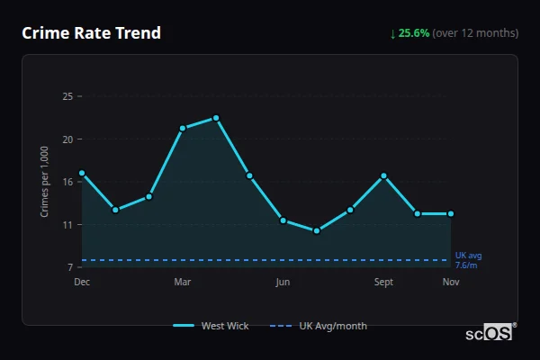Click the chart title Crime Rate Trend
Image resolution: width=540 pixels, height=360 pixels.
click(x=91, y=33)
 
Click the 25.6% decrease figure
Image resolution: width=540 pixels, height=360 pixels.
click(x=414, y=33)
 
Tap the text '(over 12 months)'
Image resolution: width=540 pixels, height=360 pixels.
click(x=475, y=33)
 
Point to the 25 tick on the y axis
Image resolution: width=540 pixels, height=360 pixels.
click(x=67, y=96)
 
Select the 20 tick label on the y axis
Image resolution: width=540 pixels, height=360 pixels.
click(x=67, y=139)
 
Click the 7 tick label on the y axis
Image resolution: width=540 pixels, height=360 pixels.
click(x=70, y=267)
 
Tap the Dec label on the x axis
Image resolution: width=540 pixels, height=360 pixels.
click(x=82, y=283)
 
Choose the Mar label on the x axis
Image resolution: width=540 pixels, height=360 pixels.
click(x=183, y=283)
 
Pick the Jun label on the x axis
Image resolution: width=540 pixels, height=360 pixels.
click(x=283, y=283)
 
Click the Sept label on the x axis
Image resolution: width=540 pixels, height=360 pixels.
click(x=383, y=283)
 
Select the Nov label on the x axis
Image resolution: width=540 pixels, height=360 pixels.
click(x=451, y=283)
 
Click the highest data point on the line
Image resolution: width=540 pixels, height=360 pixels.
click(x=216, y=118)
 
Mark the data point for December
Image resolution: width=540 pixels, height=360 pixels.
click(x=82, y=173)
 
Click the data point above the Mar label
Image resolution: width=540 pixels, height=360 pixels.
click(x=183, y=128)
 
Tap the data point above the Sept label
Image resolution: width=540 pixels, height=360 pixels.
click(x=383, y=175)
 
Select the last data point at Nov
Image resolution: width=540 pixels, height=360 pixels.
click(x=451, y=214)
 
